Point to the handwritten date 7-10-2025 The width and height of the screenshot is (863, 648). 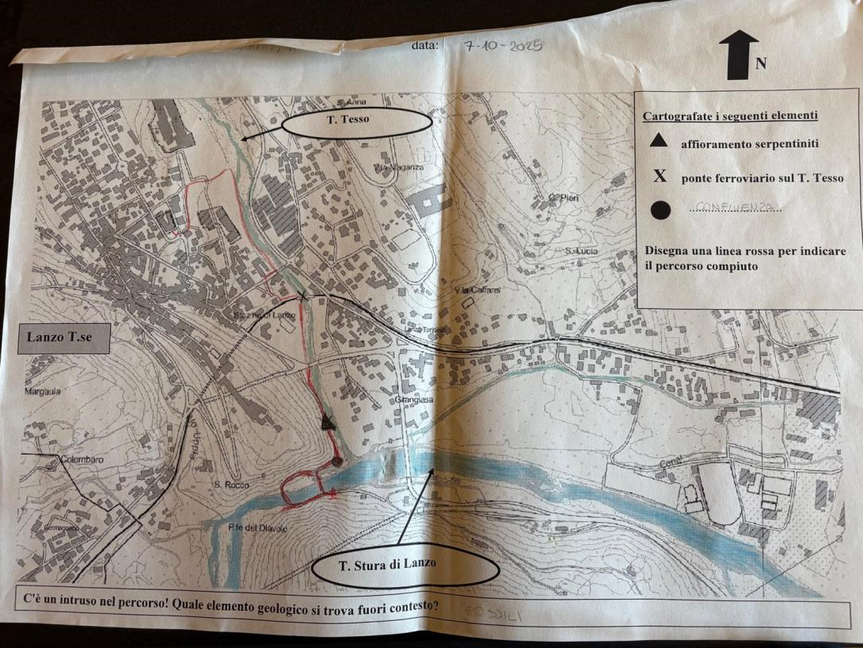pyautogui.click(x=503, y=46)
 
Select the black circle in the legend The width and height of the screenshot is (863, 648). pyautogui.click(x=661, y=210)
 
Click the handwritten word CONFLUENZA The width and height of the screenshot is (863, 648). pyautogui.click(x=734, y=208)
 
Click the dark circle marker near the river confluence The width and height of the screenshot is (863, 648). pyautogui.click(x=337, y=460)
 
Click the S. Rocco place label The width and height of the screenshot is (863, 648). pyautogui.click(x=231, y=484)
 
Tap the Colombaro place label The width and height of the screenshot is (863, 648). pyautogui.click(x=83, y=459)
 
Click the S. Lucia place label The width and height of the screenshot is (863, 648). pyautogui.click(x=582, y=251)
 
